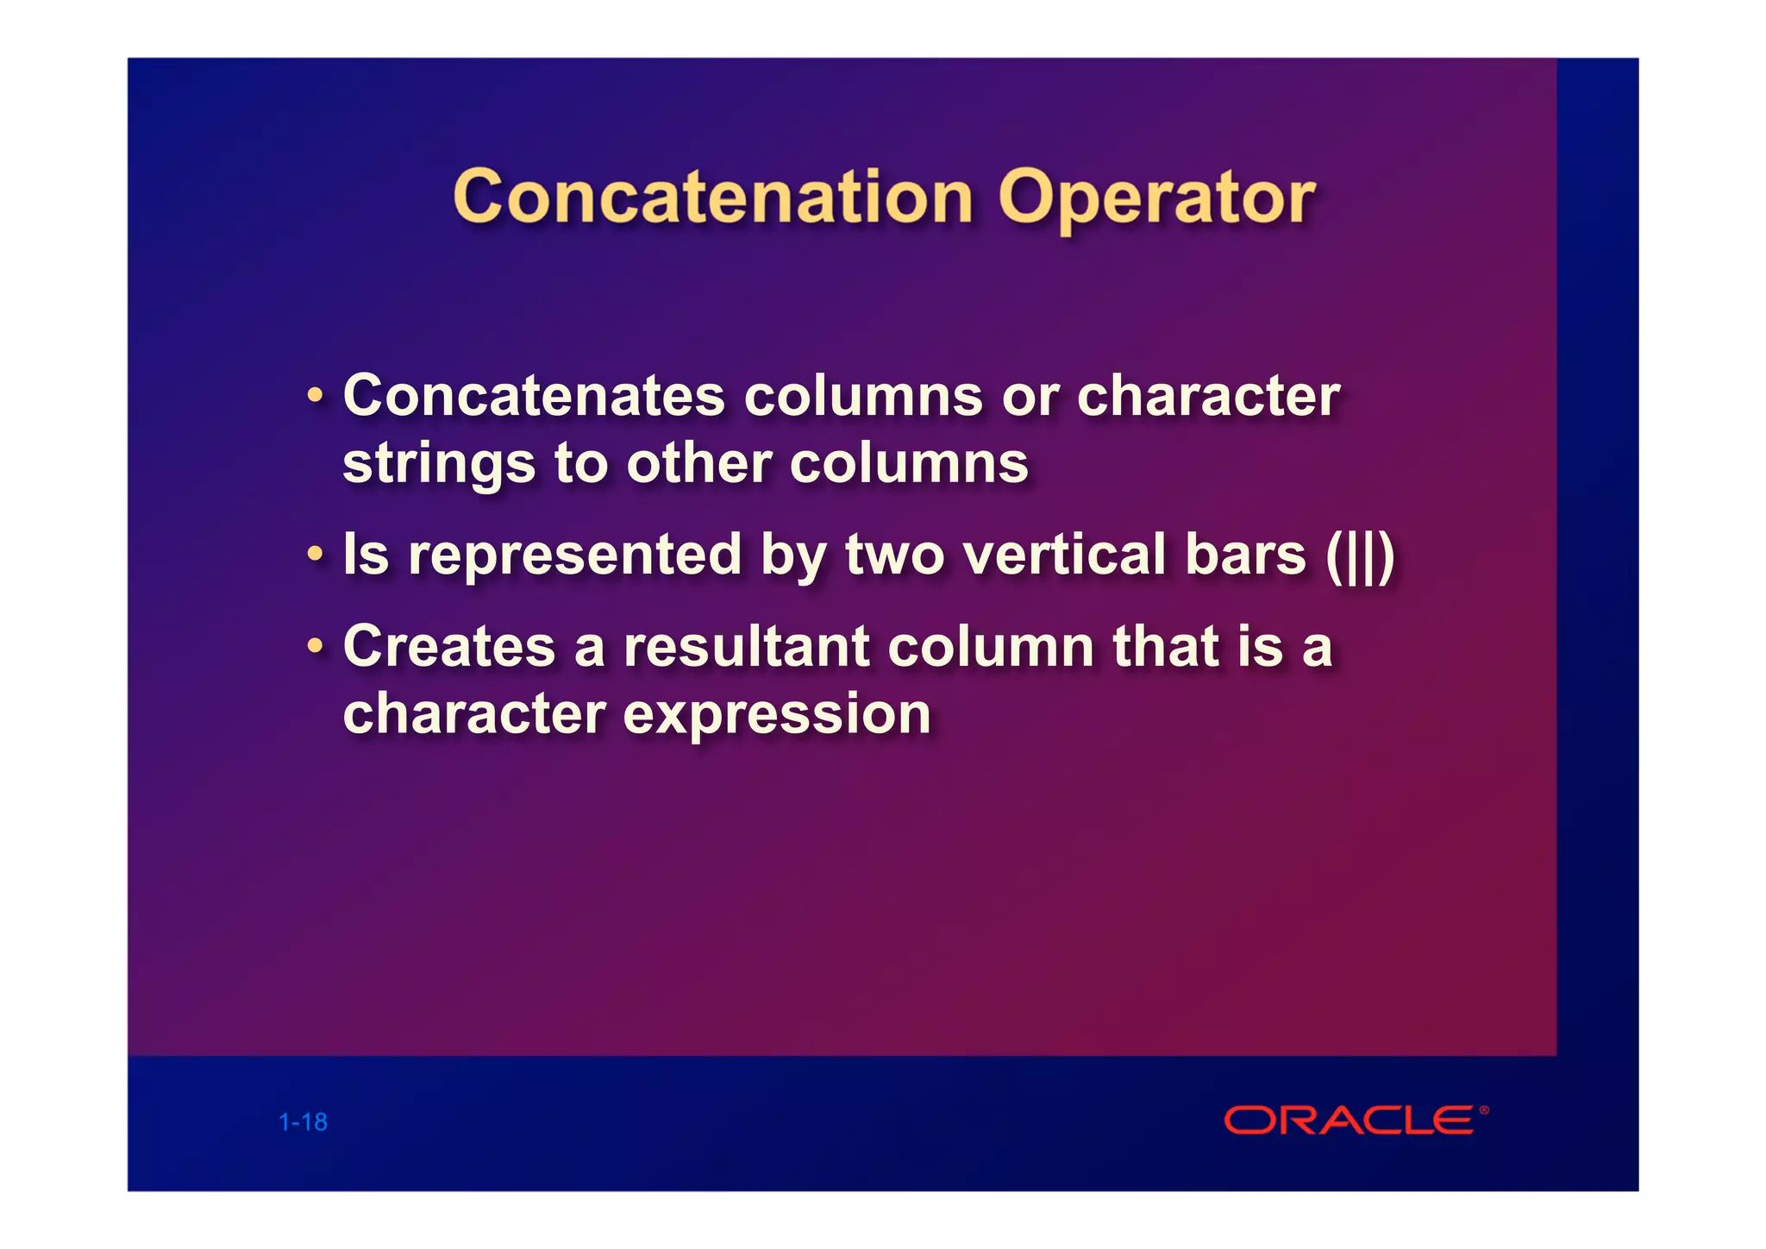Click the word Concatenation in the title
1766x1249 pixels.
pyautogui.click(x=713, y=198)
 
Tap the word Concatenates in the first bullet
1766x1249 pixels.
pyautogui.click(x=534, y=397)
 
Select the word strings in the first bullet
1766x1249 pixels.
pyautogui.click(x=438, y=466)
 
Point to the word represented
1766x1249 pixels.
pyautogui.click(x=574, y=555)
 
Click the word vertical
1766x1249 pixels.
pyautogui.click(x=1063, y=555)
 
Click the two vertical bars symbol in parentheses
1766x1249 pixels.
pyautogui.click(x=1360, y=557)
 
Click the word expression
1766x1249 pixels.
pyautogui.click(x=776, y=716)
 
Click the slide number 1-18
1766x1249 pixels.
pyautogui.click(x=303, y=1122)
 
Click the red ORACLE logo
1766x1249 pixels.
pyautogui.click(x=1350, y=1120)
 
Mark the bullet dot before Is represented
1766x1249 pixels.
pyautogui.click(x=316, y=555)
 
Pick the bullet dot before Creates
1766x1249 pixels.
pyautogui.click(x=316, y=646)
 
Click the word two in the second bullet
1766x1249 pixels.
pyautogui.click(x=894, y=555)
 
